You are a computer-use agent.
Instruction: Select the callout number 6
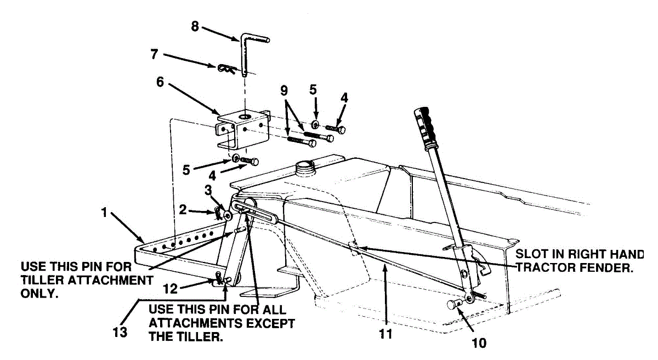point(160,82)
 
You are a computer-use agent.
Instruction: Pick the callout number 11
point(386,333)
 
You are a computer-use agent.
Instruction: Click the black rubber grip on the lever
point(428,126)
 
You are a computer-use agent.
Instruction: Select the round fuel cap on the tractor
point(303,165)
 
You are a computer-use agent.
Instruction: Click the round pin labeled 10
point(454,304)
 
